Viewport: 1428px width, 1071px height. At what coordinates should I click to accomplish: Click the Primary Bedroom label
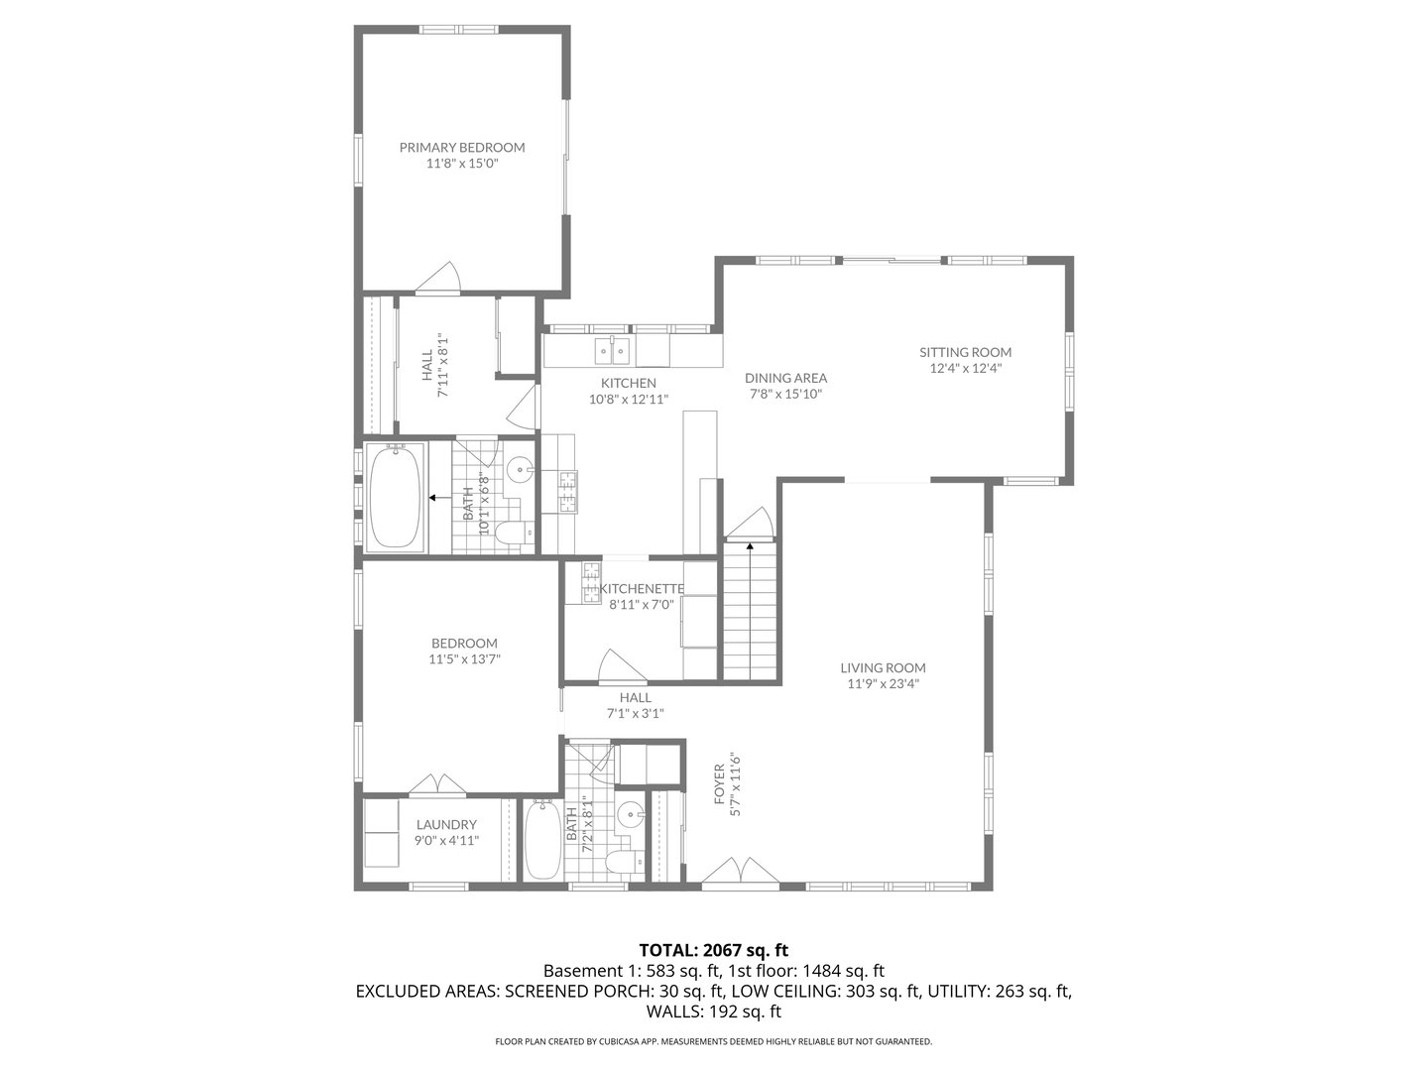tap(462, 147)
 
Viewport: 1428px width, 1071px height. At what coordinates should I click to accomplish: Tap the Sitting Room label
tap(965, 352)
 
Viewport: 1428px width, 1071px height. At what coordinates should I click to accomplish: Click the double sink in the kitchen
tap(611, 350)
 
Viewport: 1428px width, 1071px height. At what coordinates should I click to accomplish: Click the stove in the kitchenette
tap(589, 583)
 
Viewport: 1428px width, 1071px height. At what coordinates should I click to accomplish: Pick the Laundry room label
tap(446, 824)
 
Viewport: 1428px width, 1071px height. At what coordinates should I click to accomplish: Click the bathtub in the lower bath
tap(541, 839)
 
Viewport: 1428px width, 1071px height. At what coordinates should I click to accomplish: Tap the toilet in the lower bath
tap(621, 862)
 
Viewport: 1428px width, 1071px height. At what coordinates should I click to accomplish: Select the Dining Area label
tap(785, 378)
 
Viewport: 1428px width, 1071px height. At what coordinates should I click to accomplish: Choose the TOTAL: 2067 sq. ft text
tap(713, 950)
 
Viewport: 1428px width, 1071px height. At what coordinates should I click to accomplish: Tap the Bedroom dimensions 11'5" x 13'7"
tap(464, 658)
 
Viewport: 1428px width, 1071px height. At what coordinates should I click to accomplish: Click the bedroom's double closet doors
tap(438, 783)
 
